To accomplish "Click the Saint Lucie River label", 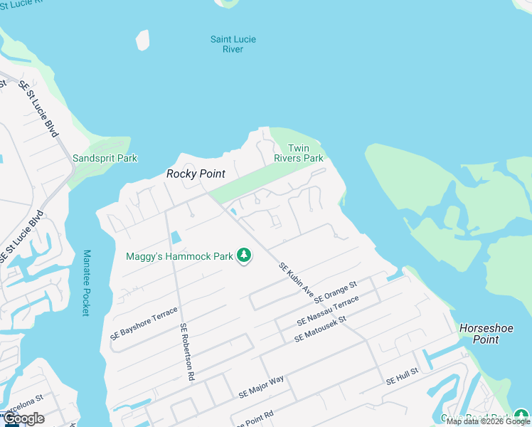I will (233, 44).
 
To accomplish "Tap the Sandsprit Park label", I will (105, 158).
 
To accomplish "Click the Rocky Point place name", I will (196, 174).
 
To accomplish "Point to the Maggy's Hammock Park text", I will (180, 256).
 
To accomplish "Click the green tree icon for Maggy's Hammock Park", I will (244, 255).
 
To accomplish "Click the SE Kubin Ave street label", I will (297, 279).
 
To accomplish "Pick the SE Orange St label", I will (335, 290).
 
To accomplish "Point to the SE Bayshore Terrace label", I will (143, 324).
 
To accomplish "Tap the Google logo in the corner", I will (23, 418).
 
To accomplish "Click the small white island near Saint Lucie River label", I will (143, 40).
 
